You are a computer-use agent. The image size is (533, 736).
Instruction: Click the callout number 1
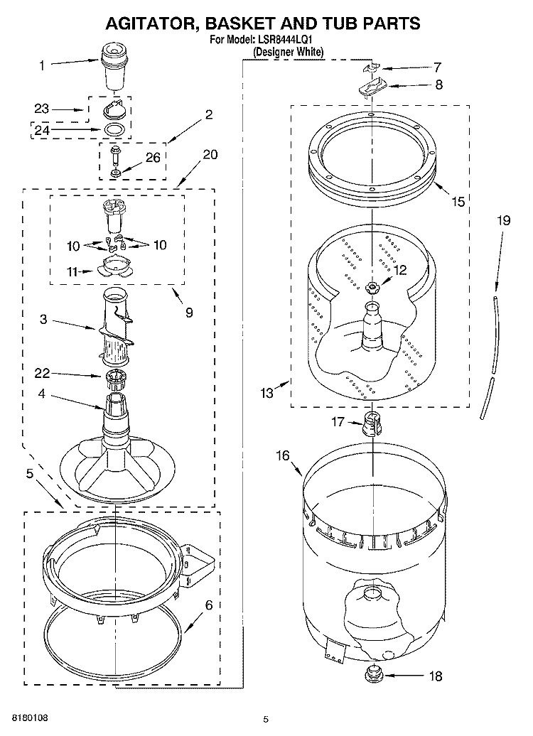pos(41,66)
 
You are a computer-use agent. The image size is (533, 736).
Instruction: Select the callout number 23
pos(42,109)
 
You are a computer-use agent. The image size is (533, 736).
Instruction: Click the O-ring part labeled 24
pos(114,129)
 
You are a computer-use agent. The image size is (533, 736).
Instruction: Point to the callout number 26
pos(154,157)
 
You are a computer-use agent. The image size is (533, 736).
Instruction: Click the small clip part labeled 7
pos(370,67)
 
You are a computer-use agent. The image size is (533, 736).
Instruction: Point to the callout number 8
pos(438,85)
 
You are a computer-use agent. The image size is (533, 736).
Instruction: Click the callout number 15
pos(458,202)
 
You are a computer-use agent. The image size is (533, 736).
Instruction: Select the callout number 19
pos(503,221)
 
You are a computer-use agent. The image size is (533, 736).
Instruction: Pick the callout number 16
pos(283,455)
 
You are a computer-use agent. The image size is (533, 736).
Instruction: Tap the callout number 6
pos(208,605)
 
